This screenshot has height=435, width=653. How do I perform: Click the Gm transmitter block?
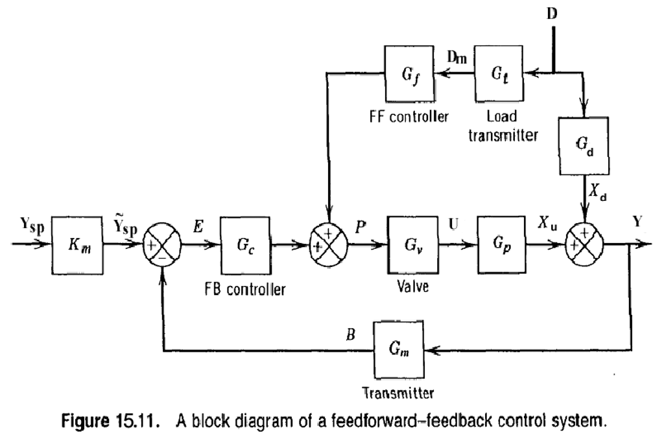click(x=399, y=349)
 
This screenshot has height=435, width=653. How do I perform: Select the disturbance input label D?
click(x=552, y=14)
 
